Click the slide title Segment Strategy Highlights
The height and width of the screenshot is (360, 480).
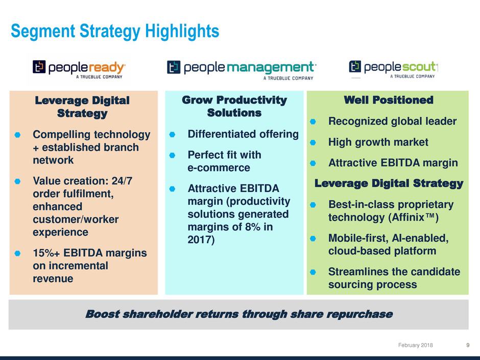point(115,31)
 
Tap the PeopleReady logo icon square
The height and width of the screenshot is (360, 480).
point(39,67)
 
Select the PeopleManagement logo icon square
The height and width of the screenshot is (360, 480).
point(174,67)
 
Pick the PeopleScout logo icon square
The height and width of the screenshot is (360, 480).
point(355,66)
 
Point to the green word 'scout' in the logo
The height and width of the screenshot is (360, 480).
point(419,66)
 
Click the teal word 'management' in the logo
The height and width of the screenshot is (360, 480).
point(271,67)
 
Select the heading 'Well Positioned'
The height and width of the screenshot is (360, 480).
point(389,100)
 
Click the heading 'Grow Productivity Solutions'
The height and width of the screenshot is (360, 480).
point(234,106)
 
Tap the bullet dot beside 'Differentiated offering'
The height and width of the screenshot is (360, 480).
point(173,134)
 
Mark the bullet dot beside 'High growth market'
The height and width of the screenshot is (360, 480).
point(313,142)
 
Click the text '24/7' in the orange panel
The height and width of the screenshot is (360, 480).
point(122,181)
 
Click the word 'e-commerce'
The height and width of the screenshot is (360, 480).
point(219,168)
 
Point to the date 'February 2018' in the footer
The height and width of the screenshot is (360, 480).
point(416,345)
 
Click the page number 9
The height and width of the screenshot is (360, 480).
point(468,345)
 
